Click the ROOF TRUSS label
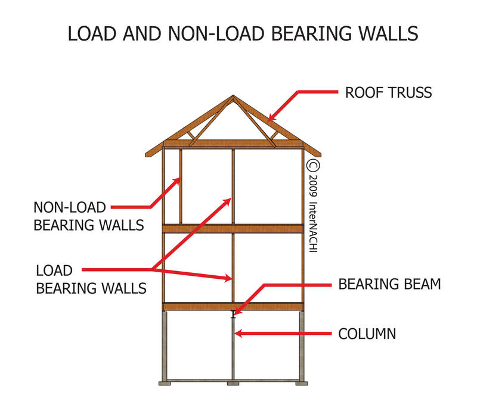coord(388,93)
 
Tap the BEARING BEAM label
coord(389,284)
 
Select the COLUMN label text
coord(367,334)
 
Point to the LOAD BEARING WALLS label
coord(91,279)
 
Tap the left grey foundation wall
coord(165,346)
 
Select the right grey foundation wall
coord(302,346)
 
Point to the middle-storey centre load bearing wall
coord(233,268)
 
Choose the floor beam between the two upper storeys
coord(233,228)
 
